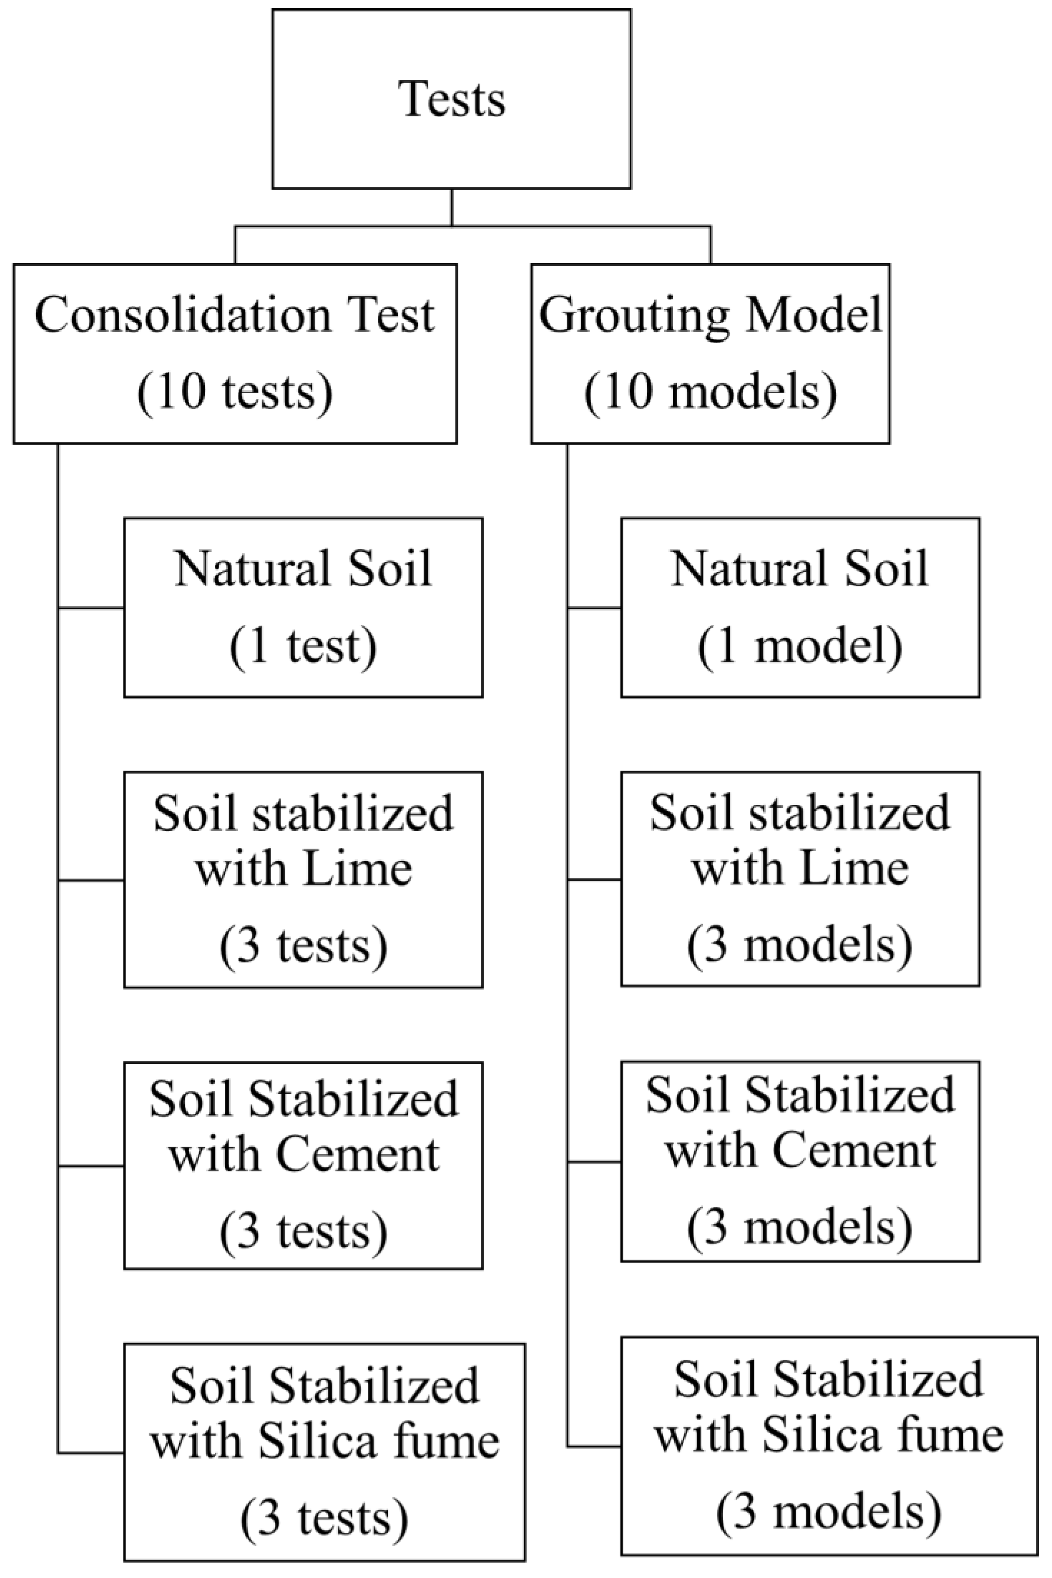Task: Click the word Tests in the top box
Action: tap(452, 99)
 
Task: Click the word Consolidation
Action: tap(182, 315)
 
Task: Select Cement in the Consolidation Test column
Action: tap(358, 1155)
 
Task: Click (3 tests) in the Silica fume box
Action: tap(324, 1517)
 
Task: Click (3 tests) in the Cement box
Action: tap(303, 1231)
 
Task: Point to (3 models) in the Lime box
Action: tap(800, 944)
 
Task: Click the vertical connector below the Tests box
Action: tap(452, 207)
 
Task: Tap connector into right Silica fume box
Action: tap(594, 1446)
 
